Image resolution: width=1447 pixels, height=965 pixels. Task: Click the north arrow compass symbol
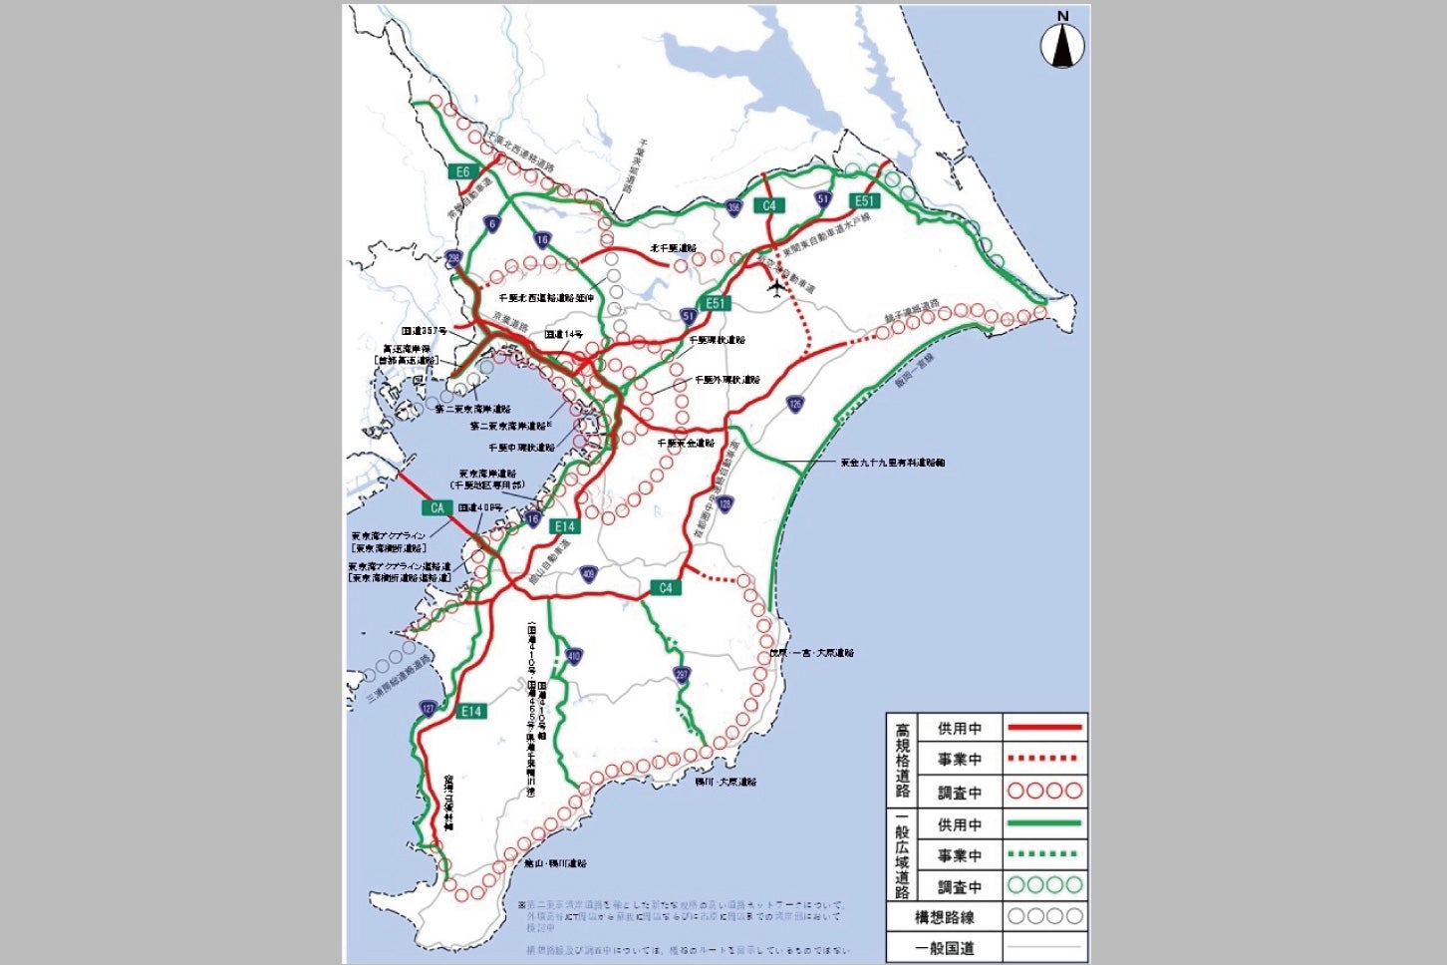(x=1062, y=44)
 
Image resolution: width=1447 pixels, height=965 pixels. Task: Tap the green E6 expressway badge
(x=462, y=172)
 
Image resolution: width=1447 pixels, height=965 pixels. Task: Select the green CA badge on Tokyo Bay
(x=436, y=508)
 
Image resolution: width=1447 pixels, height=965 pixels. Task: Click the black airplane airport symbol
(x=777, y=287)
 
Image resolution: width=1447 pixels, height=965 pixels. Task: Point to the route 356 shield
(x=733, y=208)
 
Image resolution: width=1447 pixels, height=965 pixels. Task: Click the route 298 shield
(x=454, y=258)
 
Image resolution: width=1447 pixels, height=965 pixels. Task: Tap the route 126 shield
(x=794, y=404)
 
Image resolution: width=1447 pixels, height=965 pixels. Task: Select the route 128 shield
(x=724, y=504)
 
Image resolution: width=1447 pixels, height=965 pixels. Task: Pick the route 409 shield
(x=589, y=573)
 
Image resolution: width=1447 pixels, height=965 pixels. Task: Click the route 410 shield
(x=573, y=656)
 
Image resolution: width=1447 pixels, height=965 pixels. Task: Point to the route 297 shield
(x=682, y=675)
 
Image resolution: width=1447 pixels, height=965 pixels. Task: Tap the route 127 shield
(x=428, y=709)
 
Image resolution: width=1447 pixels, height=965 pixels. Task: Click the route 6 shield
(x=492, y=224)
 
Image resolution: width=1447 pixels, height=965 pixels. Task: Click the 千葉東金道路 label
(x=686, y=443)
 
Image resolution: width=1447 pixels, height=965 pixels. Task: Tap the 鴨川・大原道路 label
(x=725, y=782)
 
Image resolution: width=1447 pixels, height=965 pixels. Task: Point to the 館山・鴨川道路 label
(x=555, y=863)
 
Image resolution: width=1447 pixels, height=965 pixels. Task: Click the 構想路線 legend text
(x=944, y=917)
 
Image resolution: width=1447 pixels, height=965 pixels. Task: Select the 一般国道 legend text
(x=944, y=948)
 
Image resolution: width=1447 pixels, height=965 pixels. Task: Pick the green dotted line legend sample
(x=1043, y=855)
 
